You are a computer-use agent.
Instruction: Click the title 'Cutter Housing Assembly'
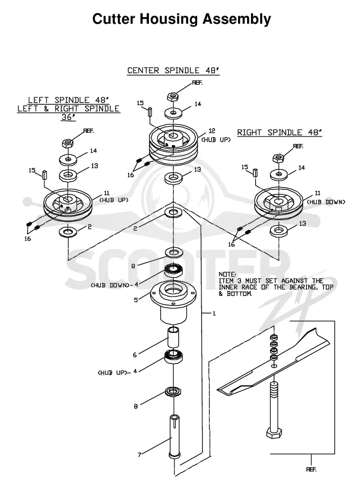point(181,19)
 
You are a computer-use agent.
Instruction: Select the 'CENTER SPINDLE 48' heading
point(173,70)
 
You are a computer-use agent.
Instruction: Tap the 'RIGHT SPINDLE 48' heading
point(279,132)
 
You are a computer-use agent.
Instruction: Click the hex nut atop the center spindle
point(172,96)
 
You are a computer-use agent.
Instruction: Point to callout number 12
point(211,131)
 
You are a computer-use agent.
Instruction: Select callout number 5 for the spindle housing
point(136,300)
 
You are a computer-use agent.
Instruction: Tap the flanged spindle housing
point(173,302)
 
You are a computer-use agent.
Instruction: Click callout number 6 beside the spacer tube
point(135,354)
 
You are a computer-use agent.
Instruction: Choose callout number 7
point(139,454)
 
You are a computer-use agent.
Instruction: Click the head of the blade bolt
point(274,433)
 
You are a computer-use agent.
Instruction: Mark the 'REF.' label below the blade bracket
point(311,470)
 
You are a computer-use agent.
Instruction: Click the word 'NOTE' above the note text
point(227,274)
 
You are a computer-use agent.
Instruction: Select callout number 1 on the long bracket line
point(214,313)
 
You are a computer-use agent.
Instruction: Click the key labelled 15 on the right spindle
point(255,172)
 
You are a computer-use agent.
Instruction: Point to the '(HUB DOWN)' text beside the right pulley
point(326,202)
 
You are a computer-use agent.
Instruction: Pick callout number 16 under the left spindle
point(27,239)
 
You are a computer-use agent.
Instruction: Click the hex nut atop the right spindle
point(278,158)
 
